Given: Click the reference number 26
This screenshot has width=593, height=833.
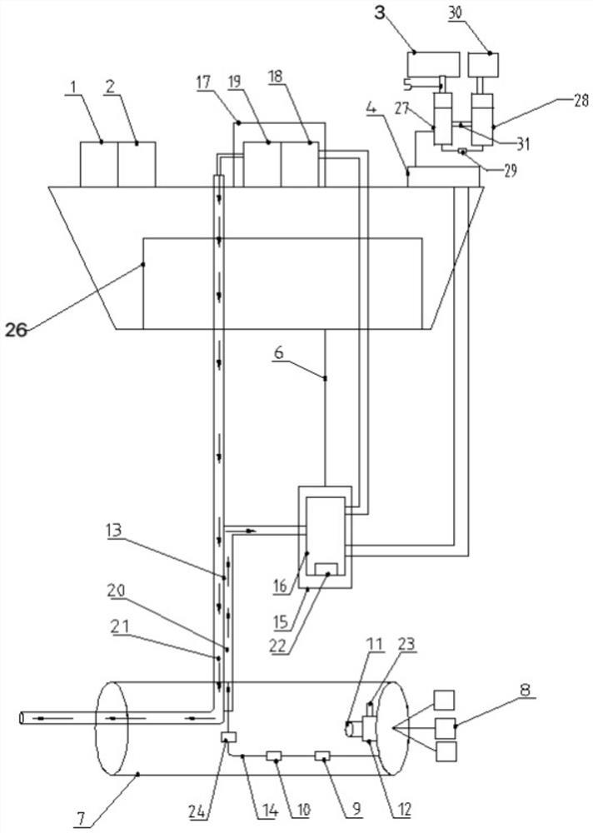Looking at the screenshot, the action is (x=16, y=331).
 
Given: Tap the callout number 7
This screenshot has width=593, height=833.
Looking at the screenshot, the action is (x=80, y=820).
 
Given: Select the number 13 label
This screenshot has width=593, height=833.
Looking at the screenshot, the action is (x=113, y=530).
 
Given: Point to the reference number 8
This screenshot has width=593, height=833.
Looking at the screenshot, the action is (x=525, y=689).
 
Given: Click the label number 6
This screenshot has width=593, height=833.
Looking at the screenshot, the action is (x=280, y=352).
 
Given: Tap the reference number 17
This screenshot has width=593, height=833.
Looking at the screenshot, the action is (x=203, y=82).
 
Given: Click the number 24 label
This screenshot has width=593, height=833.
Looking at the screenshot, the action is (x=197, y=811).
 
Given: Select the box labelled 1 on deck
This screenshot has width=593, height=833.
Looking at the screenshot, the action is (x=99, y=164).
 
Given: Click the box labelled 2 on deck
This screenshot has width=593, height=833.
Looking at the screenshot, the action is (x=137, y=164).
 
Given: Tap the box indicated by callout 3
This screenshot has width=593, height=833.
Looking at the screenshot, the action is (x=433, y=64).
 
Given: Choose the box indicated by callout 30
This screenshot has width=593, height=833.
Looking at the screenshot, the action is (x=484, y=64).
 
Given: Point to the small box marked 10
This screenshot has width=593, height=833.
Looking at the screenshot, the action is (x=275, y=756).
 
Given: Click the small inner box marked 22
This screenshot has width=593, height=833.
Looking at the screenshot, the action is (x=327, y=570).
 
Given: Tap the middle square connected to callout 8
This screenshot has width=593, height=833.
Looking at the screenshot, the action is (x=446, y=727).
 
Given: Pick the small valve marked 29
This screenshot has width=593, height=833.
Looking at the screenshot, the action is (x=461, y=152).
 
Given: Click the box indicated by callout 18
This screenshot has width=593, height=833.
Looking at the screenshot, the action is (x=300, y=164).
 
